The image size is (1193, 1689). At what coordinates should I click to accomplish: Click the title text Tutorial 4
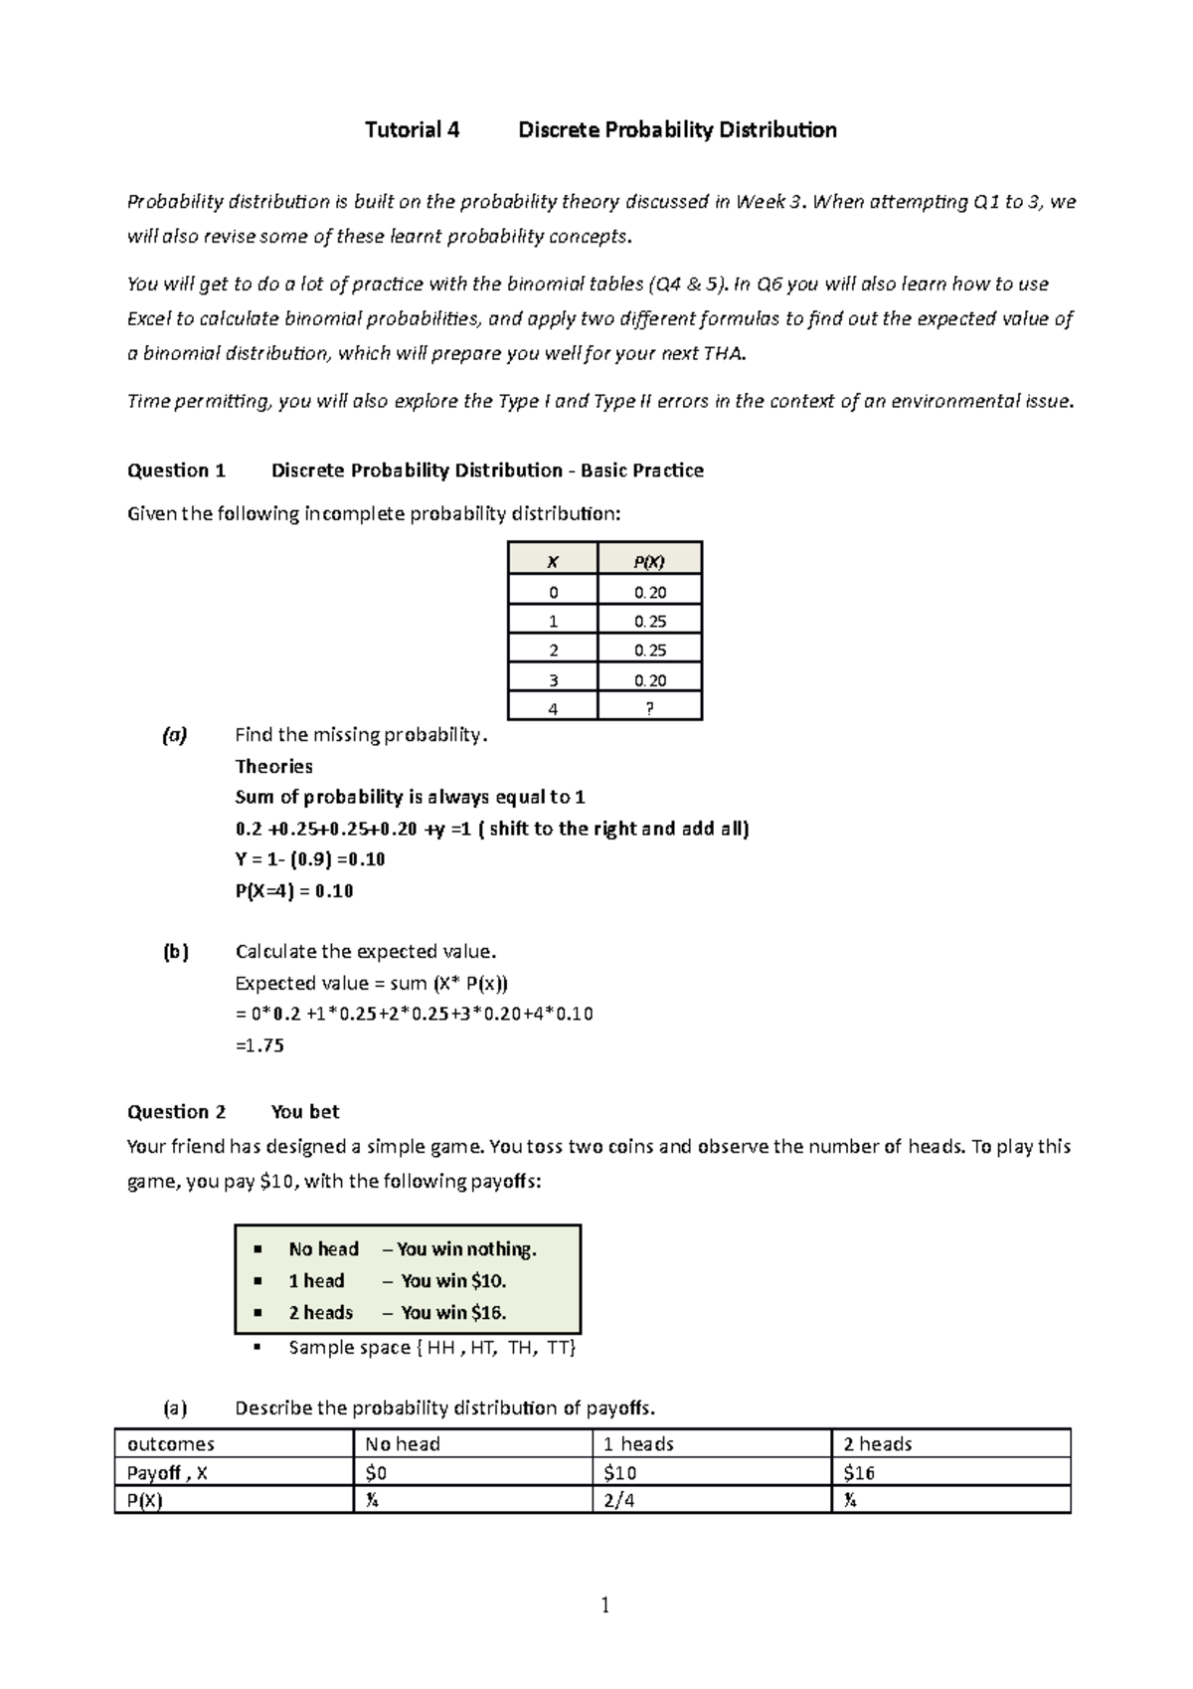412,130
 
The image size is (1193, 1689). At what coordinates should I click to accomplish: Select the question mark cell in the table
650,708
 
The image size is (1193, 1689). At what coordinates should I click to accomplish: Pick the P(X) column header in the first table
649,561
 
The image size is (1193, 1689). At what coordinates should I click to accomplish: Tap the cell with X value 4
553,708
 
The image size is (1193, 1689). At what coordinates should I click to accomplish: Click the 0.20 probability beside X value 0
650,592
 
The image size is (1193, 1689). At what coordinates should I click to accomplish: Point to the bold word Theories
273,766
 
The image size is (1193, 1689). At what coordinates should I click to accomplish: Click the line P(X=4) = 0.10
294,890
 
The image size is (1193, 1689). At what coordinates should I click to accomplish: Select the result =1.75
259,1045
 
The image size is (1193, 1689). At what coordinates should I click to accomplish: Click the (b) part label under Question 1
175,952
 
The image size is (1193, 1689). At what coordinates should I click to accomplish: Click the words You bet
305,1112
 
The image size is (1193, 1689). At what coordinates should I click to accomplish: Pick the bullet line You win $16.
453,1312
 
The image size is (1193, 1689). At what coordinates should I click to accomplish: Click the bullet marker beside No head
257,1249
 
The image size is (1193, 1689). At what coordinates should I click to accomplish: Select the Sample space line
431,1347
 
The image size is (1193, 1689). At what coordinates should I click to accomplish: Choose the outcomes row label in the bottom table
165,1444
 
